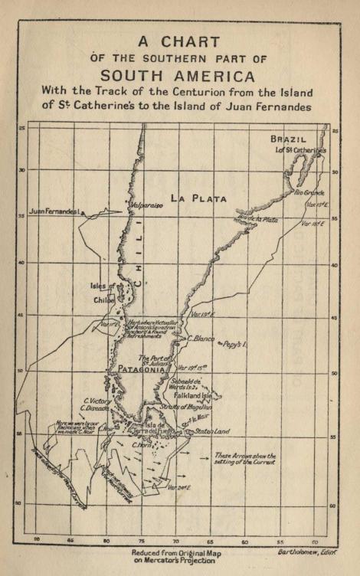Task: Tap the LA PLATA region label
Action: click(198, 198)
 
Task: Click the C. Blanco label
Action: click(201, 338)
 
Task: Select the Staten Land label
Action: click(211, 431)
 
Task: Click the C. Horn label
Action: click(140, 446)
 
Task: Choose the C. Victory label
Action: click(97, 401)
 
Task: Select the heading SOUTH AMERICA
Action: click(177, 76)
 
